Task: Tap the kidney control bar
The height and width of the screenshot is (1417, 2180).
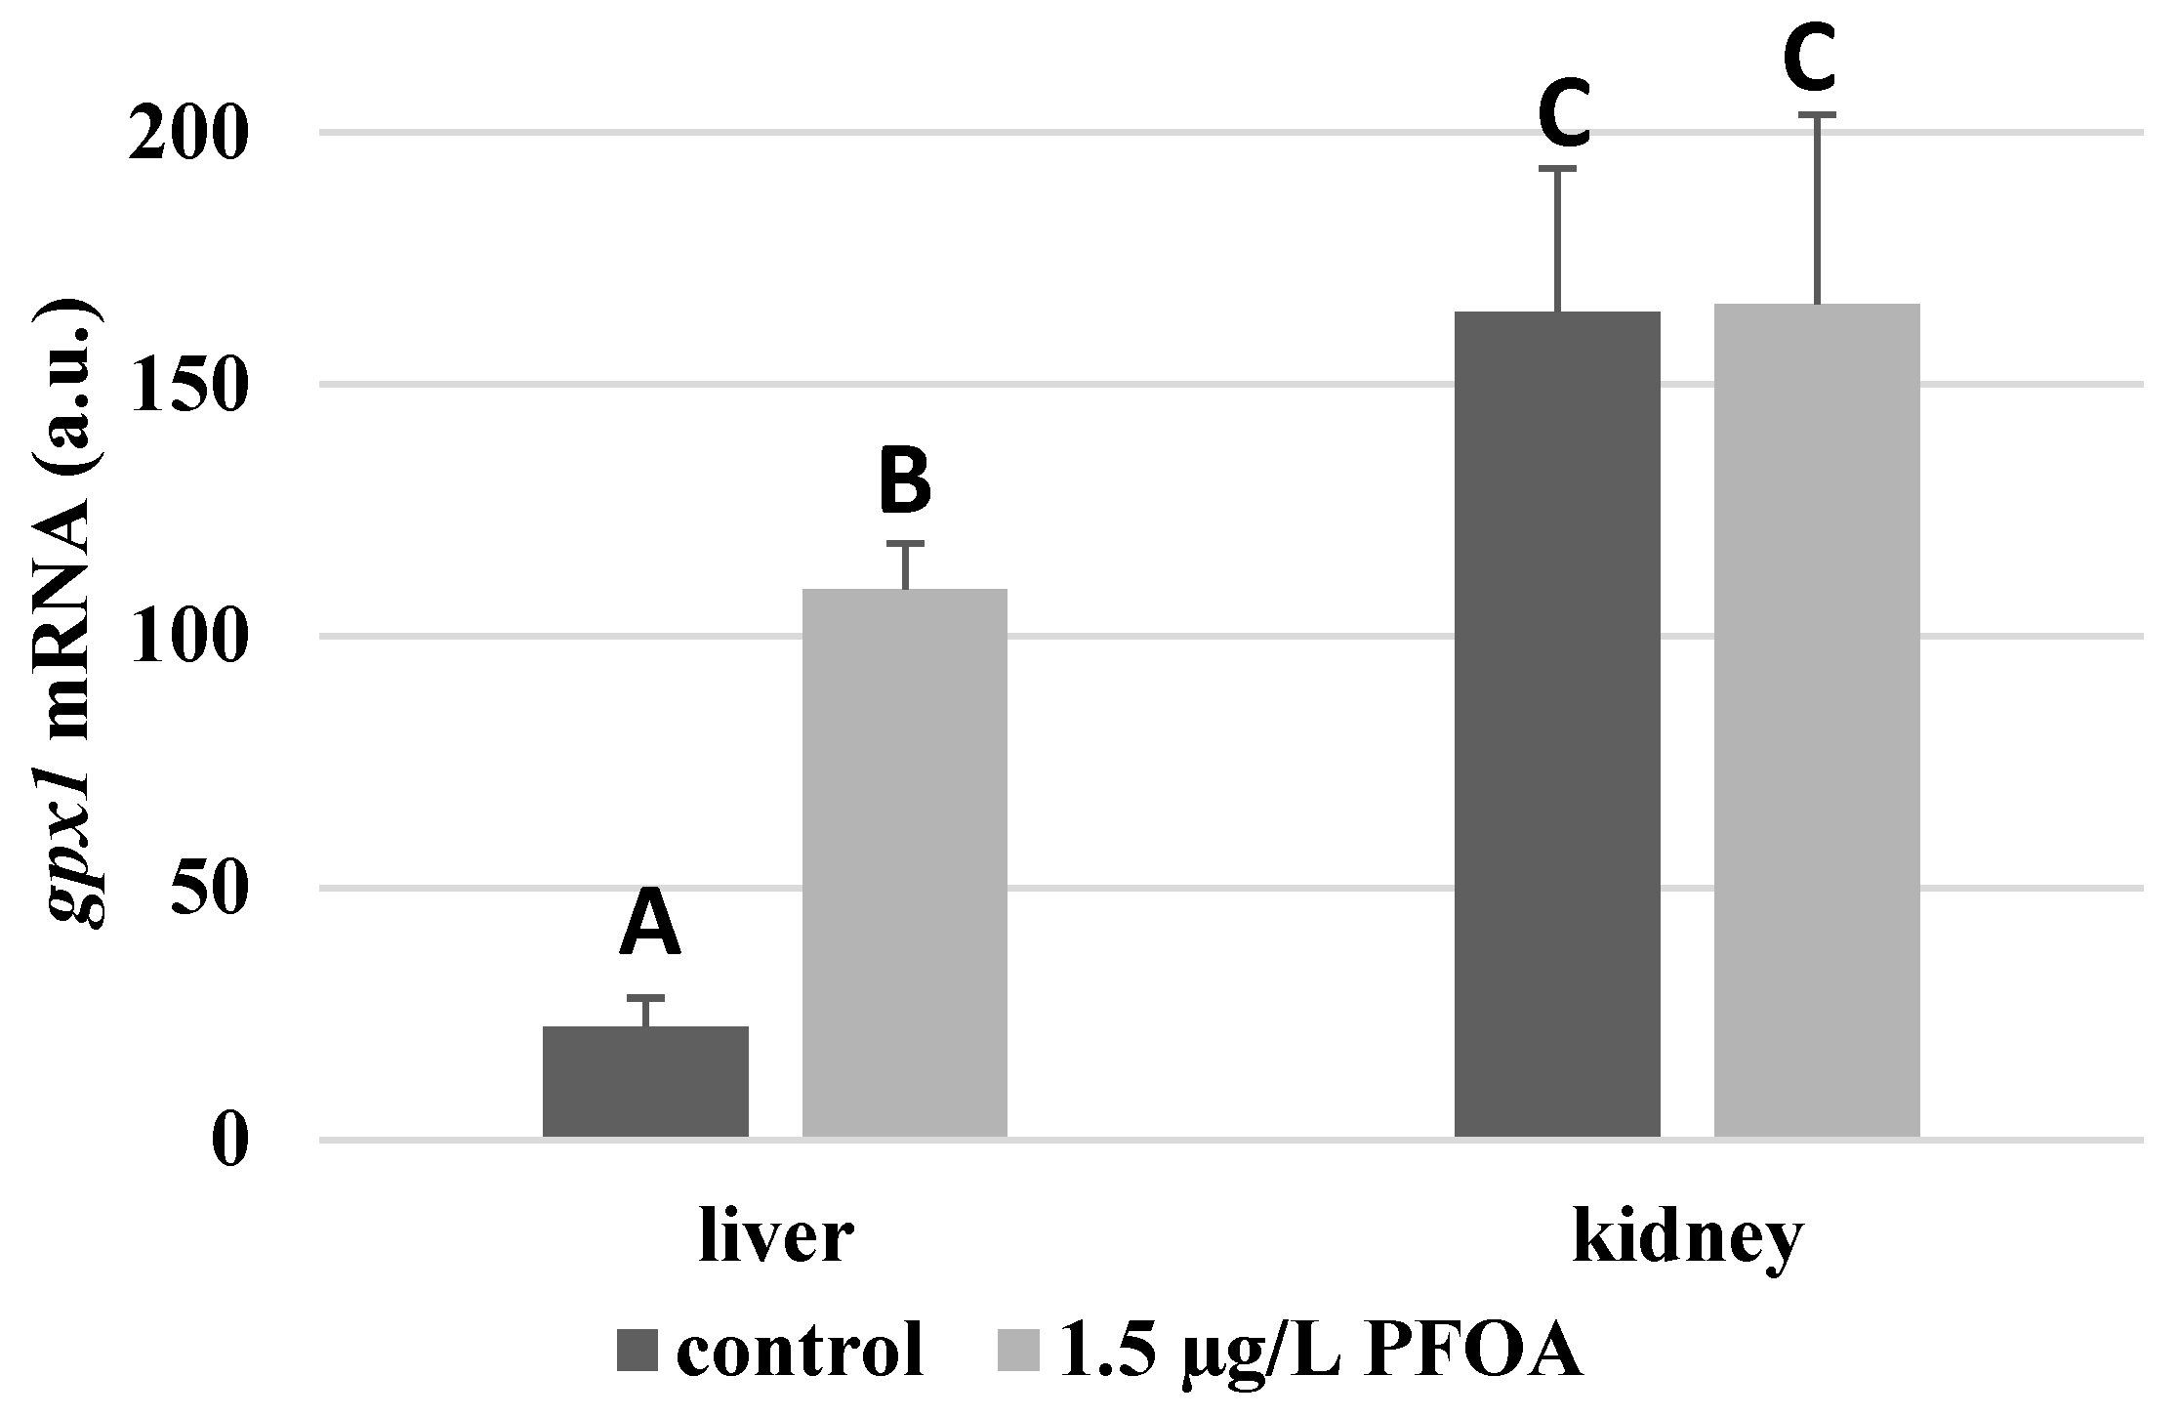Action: coord(1557,724)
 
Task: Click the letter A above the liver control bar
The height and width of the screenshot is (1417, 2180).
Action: coord(649,925)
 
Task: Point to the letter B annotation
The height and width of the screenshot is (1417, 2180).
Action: coord(904,481)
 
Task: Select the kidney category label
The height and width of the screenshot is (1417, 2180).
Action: coord(1687,1239)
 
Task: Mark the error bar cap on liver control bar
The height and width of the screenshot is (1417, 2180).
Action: coord(645,998)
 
